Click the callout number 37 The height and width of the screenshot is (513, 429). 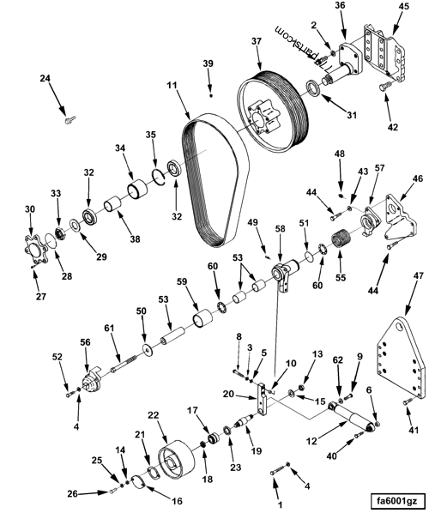(256, 42)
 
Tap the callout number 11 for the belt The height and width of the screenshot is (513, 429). (172, 87)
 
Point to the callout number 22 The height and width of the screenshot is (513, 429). (154, 415)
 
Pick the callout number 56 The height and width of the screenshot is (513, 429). (86, 341)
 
